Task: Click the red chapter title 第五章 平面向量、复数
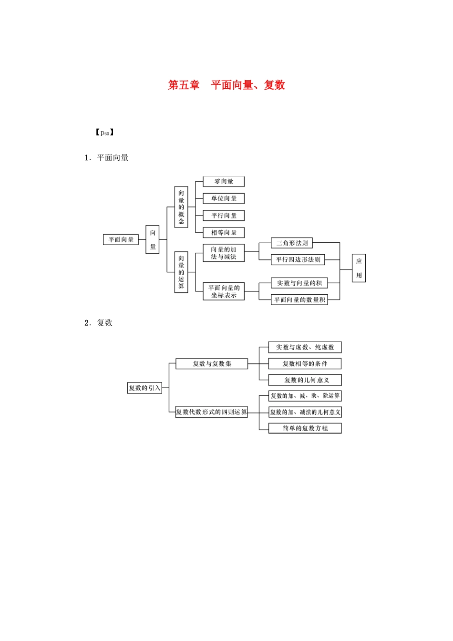click(226, 85)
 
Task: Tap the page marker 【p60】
click(104, 133)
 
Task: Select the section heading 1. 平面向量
click(106, 158)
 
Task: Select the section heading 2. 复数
click(98, 323)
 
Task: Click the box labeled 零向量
click(223, 182)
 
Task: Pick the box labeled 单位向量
click(223, 198)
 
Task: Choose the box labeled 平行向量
click(223, 216)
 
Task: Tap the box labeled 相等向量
click(223, 233)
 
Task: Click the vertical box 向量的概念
click(181, 207)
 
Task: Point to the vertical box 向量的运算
click(181, 272)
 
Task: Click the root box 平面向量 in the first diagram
click(121, 239)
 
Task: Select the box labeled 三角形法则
click(292, 243)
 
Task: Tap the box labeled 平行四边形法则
click(298, 259)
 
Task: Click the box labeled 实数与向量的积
click(299, 283)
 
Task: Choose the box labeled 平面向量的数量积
click(299, 300)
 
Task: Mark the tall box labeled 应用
click(359, 268)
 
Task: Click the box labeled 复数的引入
click(144, 388)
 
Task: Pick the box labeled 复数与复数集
click(212, 363)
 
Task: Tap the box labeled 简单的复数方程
click(305, 428)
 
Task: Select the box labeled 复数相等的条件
click(305, 363)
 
